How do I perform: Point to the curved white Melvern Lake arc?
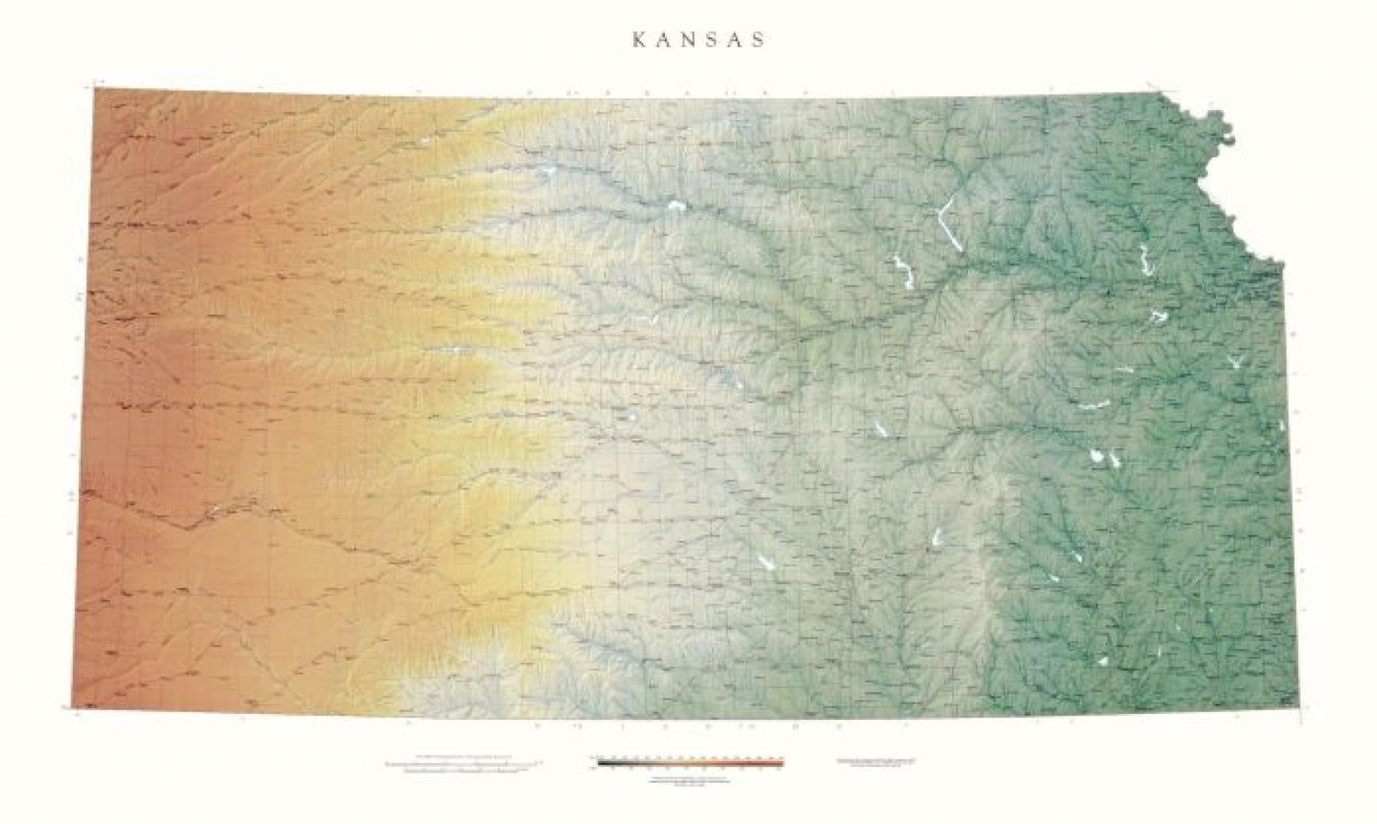pyautogui.click(x=1095, y=405)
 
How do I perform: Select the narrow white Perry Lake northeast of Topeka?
pyautogui.click(x=1144, y=259)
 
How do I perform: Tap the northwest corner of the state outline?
pyautogui.click(x=94, y=88)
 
